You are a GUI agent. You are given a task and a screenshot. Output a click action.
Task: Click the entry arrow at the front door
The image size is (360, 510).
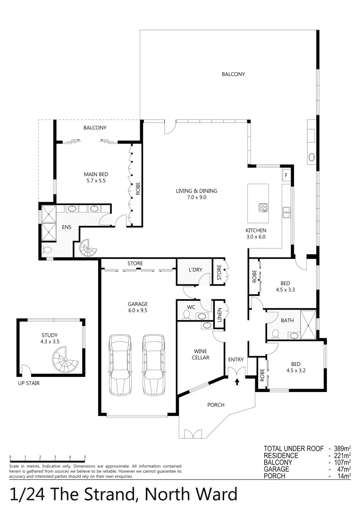point(237,381)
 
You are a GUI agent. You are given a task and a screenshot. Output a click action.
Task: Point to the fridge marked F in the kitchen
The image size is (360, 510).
point(286,175)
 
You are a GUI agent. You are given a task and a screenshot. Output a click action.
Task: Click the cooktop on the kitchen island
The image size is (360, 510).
point(263,207)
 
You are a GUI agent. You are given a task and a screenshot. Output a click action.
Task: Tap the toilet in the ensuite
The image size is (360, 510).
point(47,250)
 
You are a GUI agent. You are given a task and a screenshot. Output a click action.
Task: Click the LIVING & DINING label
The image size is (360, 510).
point(196,194)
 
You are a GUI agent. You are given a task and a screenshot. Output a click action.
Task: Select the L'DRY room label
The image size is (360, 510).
point(195,270)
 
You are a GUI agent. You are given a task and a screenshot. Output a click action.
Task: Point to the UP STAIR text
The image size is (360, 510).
point(28,383)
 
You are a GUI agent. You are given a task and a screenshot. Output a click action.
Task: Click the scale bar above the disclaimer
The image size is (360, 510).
point(47,460)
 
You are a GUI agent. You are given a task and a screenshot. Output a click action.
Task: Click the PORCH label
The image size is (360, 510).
point(216,405)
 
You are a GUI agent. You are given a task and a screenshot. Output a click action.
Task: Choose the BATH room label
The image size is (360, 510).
point(287,321)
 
